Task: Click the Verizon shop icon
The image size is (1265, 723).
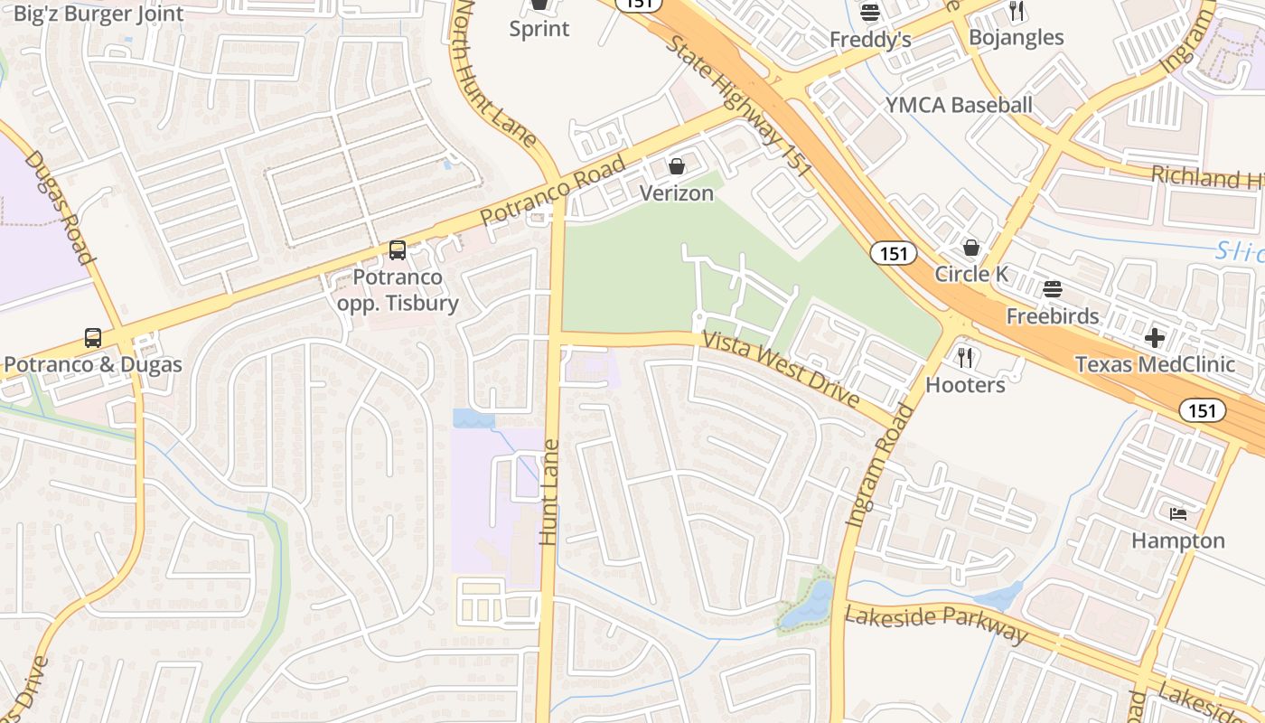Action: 677,166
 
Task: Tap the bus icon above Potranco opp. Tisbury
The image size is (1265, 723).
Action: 398,250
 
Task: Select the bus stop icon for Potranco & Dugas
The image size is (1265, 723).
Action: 93,338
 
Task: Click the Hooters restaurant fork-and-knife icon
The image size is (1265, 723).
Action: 965,358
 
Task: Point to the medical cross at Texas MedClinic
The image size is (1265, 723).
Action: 1154,338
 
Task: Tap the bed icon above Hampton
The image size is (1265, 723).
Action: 1178,514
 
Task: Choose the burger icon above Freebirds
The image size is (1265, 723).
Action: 1052,289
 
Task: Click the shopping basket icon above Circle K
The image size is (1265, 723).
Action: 971,247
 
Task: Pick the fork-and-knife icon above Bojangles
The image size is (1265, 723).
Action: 1017,11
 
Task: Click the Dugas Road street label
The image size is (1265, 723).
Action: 59,207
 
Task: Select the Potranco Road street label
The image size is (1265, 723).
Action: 553,191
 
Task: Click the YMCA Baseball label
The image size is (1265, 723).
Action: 959,105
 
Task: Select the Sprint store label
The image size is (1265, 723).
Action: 539,28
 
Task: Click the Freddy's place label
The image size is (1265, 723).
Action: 870,40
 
